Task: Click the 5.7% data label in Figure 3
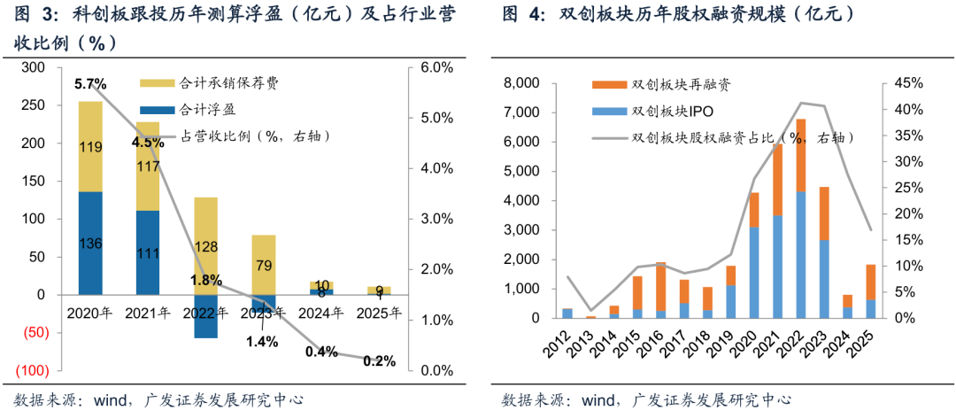pos(89,84)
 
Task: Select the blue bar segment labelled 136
pos(90,243)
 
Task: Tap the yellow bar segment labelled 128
pos(205,246)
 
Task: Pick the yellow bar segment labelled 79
pos(264,265)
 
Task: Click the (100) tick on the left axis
pos(33,370)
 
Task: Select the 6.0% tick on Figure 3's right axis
pos(436,67)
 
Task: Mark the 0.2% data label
pos(379,360)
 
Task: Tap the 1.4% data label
pos(262,341)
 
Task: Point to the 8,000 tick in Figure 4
pos(520,83)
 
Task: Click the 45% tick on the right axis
pos(907,83)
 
